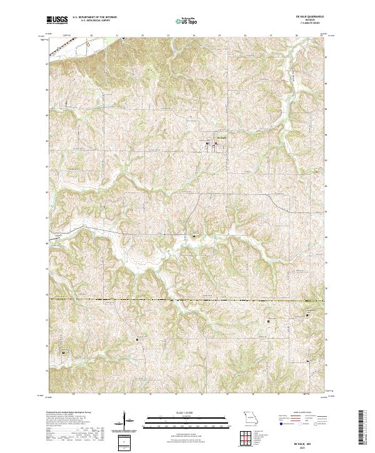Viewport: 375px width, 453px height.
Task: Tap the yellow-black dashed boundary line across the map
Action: pos(187,301)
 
